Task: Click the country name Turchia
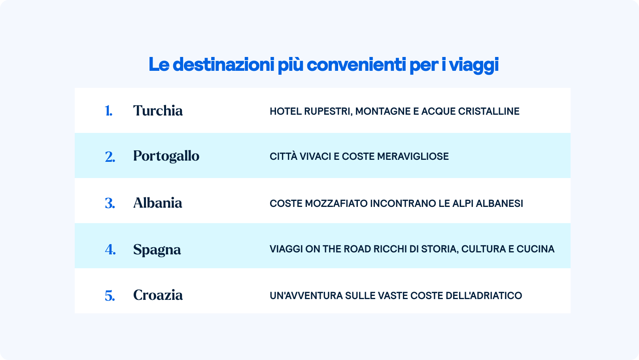click(158, 111)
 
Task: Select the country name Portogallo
click(166, 156)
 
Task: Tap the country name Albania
click(157, 203)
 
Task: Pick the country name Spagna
click(157, 250)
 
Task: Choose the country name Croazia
click(158, 295)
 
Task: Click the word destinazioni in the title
click(223, 64)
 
